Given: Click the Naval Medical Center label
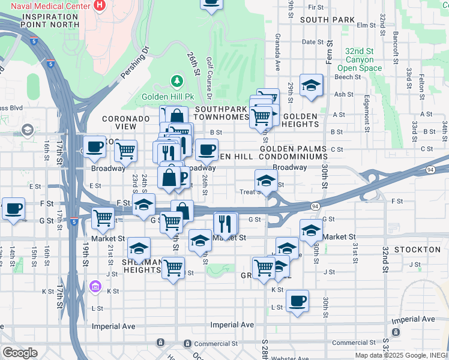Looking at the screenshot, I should pyautogui.click(x=46, y=7).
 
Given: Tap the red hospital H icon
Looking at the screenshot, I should pyautogui.click(x=100, y=7).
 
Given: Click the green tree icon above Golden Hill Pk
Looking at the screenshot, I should pyautogui.click(x=176, y=80).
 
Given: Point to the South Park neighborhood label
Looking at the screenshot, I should pyautogui.click(x=327, y=20).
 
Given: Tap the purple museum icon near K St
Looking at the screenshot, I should pyautogui.click(x=94, y=286).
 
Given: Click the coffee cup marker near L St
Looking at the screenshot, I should pyautogui.click(x=297, y=301).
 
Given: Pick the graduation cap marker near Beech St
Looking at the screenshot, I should pyautogui.click(x=311, y=86).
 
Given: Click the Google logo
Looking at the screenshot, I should pyautogui.click(x=20, y=353).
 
